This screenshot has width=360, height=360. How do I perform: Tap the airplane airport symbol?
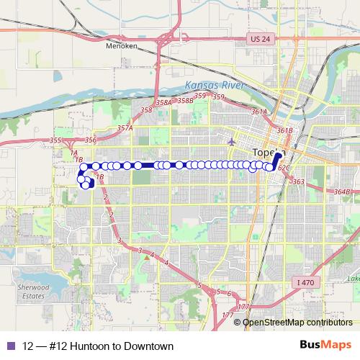(x=231, y=140)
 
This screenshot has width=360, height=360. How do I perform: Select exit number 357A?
(x=126, y=127)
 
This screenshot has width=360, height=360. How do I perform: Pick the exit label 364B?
(x=343, y=191)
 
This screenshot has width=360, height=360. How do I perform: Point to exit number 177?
(x=228, y=315)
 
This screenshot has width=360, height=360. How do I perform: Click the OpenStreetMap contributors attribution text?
(x=297, y=322)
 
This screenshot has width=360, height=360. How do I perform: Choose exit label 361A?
(x=259, y=112)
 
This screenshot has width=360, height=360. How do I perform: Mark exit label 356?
(x=90, y=140)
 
